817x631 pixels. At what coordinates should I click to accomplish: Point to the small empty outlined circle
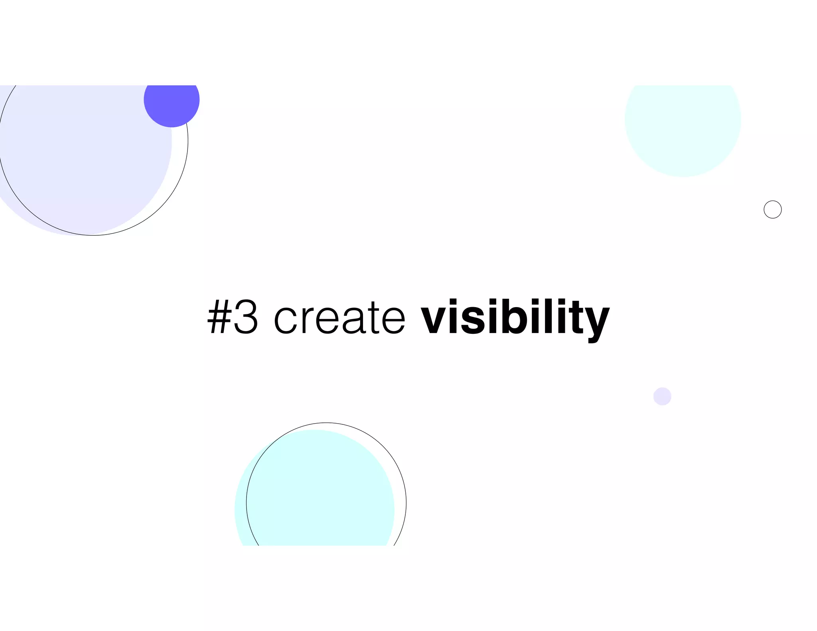tap(772, 209)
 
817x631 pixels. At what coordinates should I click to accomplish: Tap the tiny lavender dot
tap(662, 396)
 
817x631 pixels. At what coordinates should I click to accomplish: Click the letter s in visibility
tap(474, 321)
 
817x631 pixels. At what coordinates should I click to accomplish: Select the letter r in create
tap(307, 321)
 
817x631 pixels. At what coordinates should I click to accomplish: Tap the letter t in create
tap(374, 319)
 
